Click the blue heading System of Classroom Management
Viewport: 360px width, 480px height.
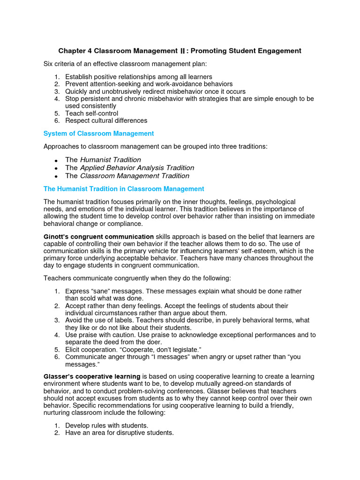[98, 134]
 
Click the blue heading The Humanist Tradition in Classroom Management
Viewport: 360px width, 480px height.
[124, 189]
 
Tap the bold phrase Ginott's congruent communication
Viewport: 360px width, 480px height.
[98, 237]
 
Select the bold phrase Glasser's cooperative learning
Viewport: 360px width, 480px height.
[92, 376]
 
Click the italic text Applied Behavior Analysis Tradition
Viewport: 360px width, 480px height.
[137, 168]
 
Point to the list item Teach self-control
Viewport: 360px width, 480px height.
[91, 113]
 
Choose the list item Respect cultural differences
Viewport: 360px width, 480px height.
[106, 120]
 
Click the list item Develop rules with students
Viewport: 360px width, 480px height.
[106, 426]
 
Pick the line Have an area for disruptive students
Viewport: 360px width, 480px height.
[119, 433]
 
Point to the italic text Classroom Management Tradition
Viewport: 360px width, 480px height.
[135, 176]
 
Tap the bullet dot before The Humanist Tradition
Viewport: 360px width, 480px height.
[56, 160]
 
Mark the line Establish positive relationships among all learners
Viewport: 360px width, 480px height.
[138, 77]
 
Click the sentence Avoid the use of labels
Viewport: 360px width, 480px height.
[103, 320]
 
